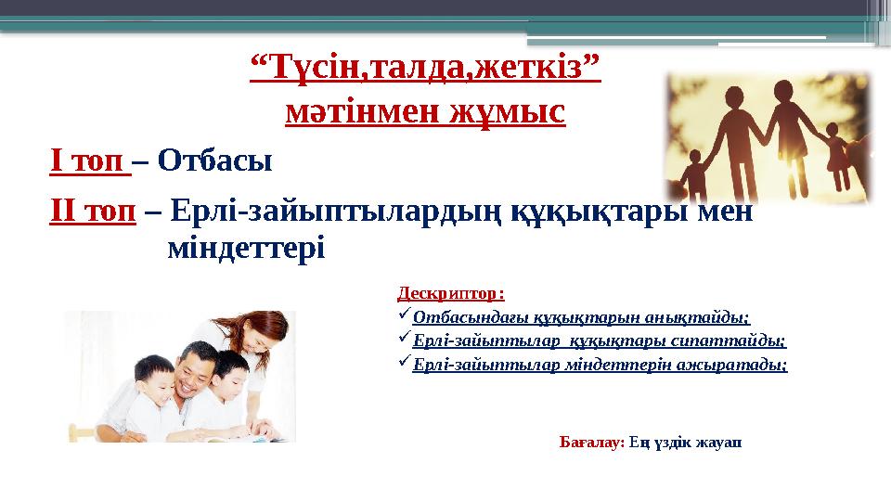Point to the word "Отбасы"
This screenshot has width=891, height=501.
click(x=214, y=162)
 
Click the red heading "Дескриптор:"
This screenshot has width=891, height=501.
click(x=450, y=293)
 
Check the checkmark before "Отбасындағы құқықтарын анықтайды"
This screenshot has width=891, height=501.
click(x=404, y=316)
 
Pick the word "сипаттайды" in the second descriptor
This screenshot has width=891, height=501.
click(x=734, y=340)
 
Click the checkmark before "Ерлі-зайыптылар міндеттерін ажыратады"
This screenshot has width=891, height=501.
click(x=404, y=364)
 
